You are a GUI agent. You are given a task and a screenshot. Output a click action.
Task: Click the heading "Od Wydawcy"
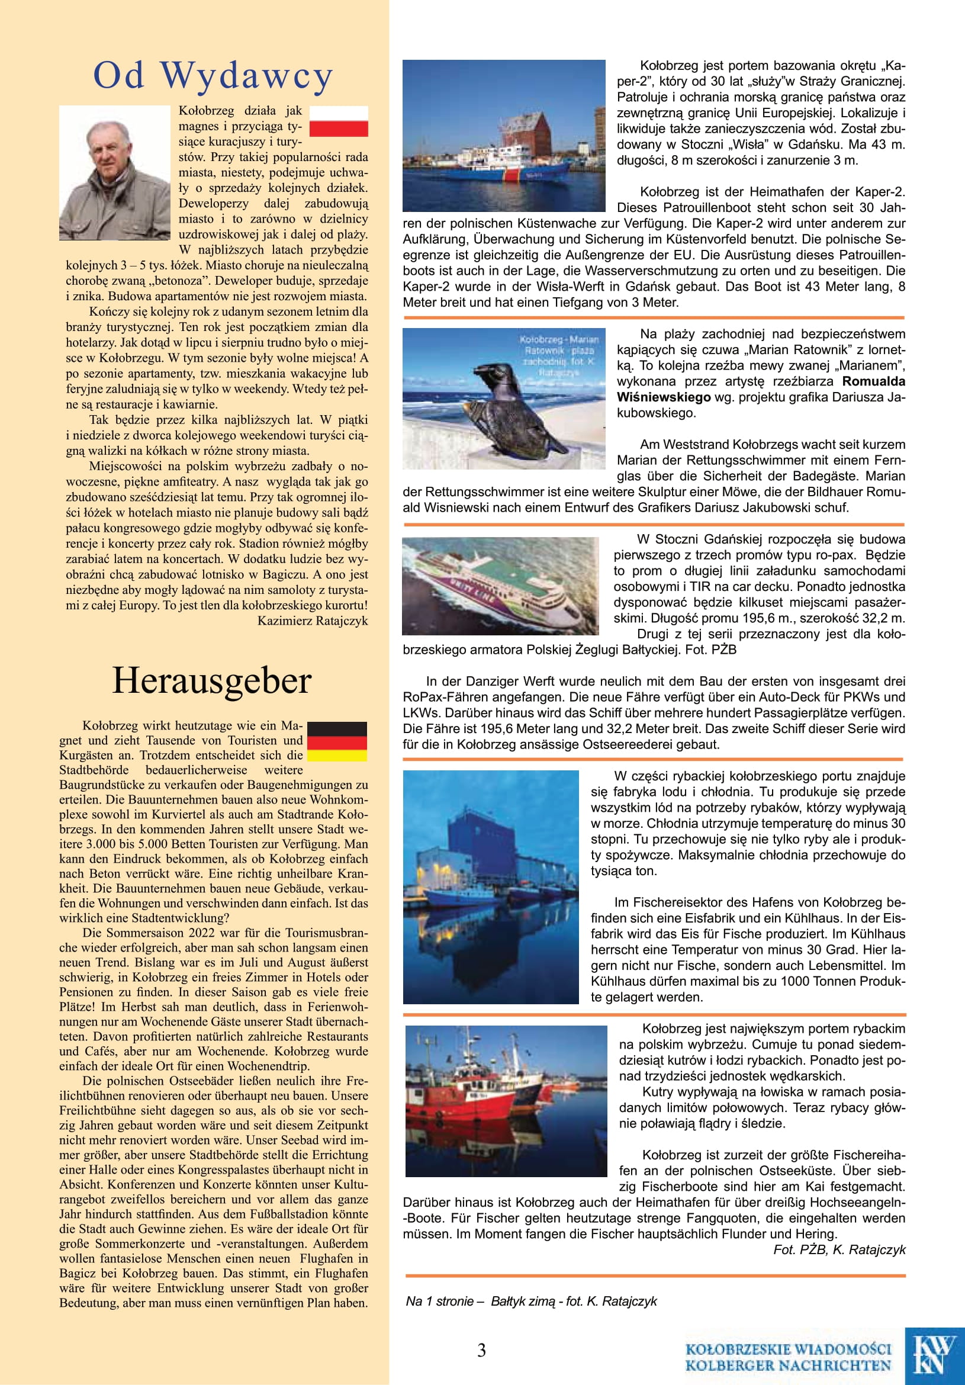(x=213, y=76)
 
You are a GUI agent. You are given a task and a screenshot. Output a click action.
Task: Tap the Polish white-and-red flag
(x=339, y=121)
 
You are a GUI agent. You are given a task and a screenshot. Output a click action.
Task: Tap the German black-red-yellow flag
(x=337, y=741)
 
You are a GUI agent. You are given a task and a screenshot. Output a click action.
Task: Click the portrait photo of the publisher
(x=115, y=173)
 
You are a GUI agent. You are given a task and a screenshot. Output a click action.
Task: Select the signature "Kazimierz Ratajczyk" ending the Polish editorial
(x=313, y=621)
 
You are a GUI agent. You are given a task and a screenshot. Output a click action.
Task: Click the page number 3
(x=481, y=1350)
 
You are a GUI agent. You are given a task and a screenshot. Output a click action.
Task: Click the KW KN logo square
(x=934, y=1355)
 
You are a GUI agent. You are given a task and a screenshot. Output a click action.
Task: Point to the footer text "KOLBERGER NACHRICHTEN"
(x=787, y=1365)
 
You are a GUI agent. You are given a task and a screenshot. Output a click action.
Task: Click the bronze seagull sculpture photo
(x=504, y=399)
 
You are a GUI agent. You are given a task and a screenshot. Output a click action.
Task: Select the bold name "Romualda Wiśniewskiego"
(x=761, y=389)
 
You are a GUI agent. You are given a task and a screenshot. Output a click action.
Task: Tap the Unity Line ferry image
(x=501, y=586)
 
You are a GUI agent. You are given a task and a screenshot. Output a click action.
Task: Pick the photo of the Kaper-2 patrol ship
(x=504, y=136)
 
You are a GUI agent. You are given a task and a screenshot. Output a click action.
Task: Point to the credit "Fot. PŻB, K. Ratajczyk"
(x=839, y=1249)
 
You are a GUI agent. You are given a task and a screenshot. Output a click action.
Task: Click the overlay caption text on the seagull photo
(x=558, y=356)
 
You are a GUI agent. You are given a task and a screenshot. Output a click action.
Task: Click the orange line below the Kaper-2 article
(x=654, y=317)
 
